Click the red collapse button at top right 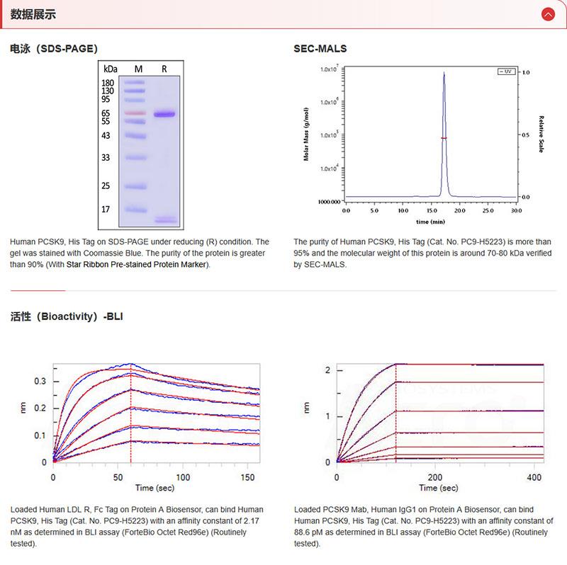(547, 14)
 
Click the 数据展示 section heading (33, 14)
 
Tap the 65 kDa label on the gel (106, 114)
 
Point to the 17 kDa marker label (106, 210)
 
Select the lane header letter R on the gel (164, 69)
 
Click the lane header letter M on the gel (138, 69)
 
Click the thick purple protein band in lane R (165, 114)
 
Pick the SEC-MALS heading (320, 49)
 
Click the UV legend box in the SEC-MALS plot (505, 72)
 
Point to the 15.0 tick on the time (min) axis (431, 210)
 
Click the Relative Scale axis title (541, 135)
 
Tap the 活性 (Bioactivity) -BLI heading (67, 316)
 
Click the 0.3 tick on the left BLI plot (41, 381)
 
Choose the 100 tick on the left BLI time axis (183, 477)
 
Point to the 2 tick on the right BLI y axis (327, 370)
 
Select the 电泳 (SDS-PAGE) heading (54, 49)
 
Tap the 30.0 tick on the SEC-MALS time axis (516, 210)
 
